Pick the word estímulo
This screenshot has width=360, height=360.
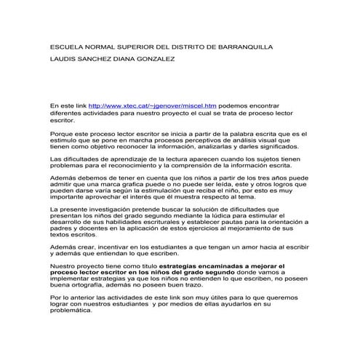pos(63,140)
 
